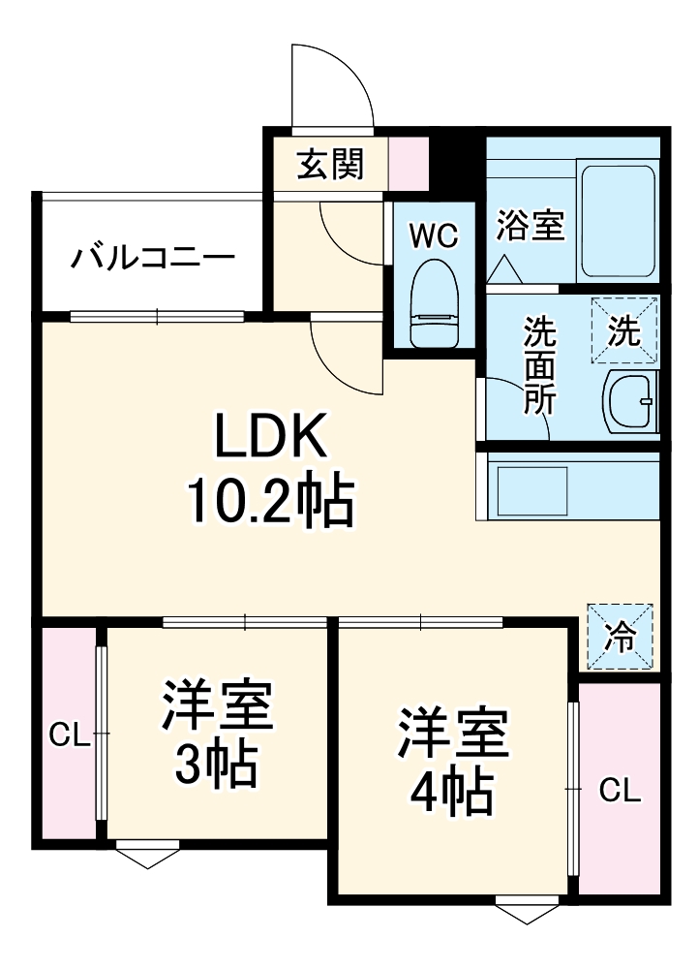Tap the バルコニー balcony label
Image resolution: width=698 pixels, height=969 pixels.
pyautogui.click(x=153, y=259)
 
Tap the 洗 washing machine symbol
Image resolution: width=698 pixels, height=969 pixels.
pyautogui.click(x=624, y=330)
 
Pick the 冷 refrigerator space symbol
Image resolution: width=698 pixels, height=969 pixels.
pyautogui.click(x=620, y=636)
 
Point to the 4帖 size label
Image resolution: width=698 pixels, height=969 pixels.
pyautogui.click(x=452, y=794)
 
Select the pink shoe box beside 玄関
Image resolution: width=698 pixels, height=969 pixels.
pyautogui.click(x=408, y=165)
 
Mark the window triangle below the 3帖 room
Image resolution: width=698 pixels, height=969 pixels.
pyautogui.click(x=147, y=857)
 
